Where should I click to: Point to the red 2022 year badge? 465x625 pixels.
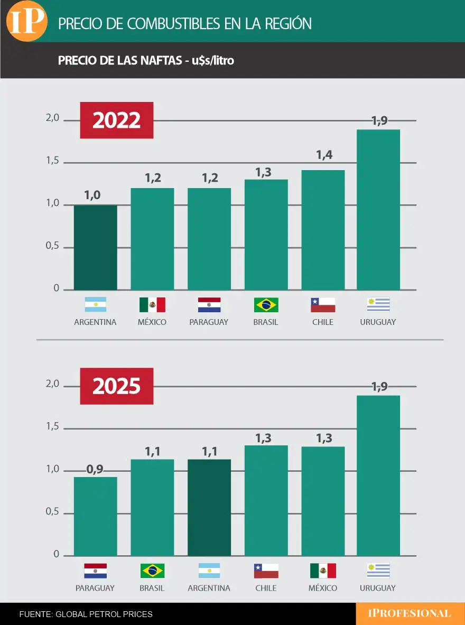116,120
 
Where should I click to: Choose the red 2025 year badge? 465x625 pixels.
116,386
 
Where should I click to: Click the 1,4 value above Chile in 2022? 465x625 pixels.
323,155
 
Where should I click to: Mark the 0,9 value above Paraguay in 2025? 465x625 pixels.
95,469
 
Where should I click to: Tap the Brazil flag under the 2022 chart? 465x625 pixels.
266,305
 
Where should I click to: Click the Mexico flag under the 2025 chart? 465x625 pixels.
323,571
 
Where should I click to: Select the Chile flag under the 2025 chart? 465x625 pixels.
266,571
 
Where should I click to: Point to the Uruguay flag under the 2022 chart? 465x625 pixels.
378,305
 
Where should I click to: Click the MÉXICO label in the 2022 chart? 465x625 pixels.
152,322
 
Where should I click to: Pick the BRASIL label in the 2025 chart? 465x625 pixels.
152,587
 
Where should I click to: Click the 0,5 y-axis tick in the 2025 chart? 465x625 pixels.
52,512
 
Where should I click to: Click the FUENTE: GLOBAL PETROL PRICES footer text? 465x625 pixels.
86,614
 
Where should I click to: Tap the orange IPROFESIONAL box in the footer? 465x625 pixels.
410,613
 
